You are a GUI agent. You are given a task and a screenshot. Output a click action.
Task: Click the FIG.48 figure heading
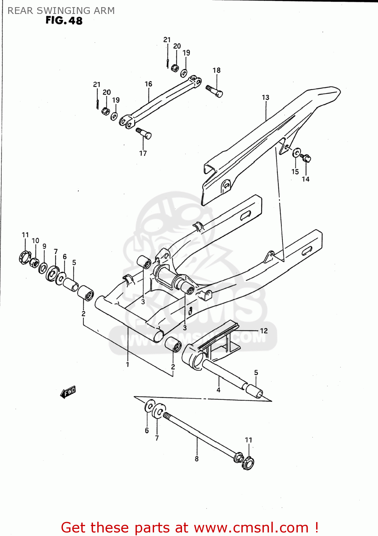click(x=64, y=21)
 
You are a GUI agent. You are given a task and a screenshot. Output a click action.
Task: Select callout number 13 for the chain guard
click(x=265, y=98)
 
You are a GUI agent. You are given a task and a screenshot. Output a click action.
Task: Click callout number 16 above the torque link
click(x=148, y=84)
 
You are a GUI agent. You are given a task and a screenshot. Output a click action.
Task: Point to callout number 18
click(x=216, y=70)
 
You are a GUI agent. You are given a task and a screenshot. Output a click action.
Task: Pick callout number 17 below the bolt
click(x=143, y=153)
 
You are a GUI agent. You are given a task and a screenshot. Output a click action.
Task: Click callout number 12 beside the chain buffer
click(x=264, y=331)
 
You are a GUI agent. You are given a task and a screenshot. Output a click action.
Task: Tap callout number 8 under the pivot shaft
click(x=197, y=459)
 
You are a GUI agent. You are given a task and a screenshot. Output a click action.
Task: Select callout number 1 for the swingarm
click(x=127, y=365)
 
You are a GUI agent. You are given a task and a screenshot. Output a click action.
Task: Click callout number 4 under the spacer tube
click(x=219, y=390)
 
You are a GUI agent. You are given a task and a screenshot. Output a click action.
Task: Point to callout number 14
click(x=305, y=179)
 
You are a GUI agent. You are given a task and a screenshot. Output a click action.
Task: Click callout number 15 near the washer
click(x=295, y=172)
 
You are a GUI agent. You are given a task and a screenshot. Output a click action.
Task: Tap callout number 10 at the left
click(x=35, y=241)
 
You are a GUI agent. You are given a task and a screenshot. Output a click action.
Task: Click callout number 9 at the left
click(x=44, y=246)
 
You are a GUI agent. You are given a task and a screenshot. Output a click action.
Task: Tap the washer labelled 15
click(x=296, y=153)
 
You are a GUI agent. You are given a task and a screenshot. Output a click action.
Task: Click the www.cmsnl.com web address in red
click(x=251, y=528)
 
